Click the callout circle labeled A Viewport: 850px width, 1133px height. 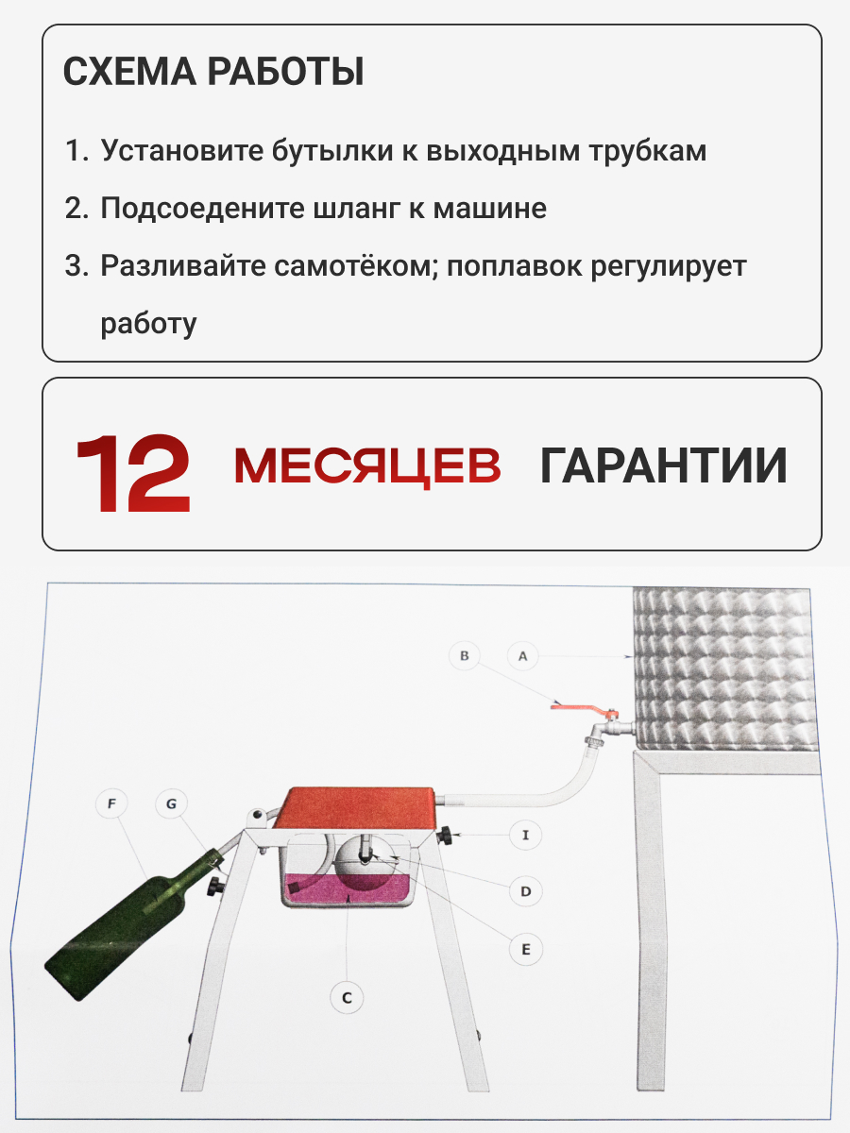tap(523, 656)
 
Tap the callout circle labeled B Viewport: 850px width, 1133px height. tap(465, 656)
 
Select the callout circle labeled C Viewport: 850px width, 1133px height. tap(347, 998)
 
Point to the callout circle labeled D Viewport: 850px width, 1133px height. tap(525, 891)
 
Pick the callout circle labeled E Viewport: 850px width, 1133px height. tap(526, 949)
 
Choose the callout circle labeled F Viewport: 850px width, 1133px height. tap(111, 803)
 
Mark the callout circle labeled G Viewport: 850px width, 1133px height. tap(171, 803)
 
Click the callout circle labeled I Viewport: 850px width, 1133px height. tap(525, 835)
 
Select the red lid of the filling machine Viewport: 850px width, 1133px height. tap(356, 809)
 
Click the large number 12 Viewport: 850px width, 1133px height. tap(134, 473)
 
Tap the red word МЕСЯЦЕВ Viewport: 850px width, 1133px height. tap(367, 466)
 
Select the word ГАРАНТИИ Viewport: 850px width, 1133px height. tap(664, 465)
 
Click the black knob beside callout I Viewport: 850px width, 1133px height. tap(444, 836)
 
